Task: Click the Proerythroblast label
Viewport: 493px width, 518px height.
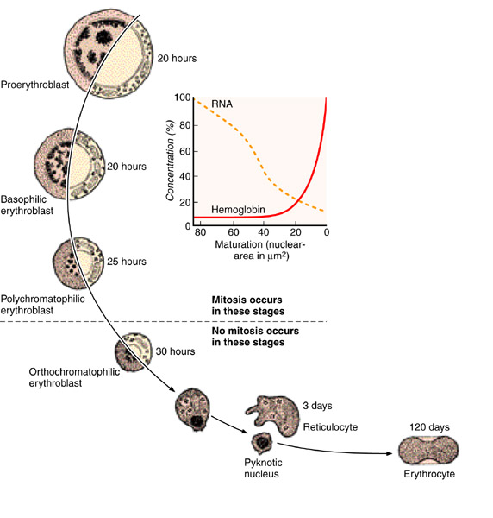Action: tap(34, 85)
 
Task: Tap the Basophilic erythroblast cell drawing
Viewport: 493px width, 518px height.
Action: tap(70, 164)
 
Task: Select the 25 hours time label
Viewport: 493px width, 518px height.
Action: tap(127, 262)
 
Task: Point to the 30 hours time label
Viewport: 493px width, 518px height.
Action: tap(175, 351)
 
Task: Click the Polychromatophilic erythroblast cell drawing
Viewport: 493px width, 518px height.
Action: tap(78, 263)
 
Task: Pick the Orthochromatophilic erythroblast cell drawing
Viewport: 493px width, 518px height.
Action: tap(134, 352)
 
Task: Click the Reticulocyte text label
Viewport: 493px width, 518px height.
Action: tap(330, 427)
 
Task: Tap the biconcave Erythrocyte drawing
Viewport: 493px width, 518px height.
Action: tap(428, 451)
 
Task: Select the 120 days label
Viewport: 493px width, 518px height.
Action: tap(429, 427)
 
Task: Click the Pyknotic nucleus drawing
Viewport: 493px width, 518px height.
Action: tap(262, 443)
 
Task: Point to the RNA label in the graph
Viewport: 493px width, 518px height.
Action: tap(222, 104)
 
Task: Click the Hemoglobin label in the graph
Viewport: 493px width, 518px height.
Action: tap(238, 210)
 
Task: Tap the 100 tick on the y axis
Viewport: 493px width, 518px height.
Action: tap(183, 98)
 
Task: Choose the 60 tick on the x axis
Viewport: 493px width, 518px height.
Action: tap(234, 232)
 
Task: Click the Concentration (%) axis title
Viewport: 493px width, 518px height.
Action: tap(170, 161)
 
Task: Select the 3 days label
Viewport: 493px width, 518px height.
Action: tap(317, 406)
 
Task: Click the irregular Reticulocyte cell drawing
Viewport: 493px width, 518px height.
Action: tap(272, 415)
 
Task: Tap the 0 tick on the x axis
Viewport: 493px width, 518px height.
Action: tap(326, 232)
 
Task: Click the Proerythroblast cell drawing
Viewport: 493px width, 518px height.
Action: tap(108, 54)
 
